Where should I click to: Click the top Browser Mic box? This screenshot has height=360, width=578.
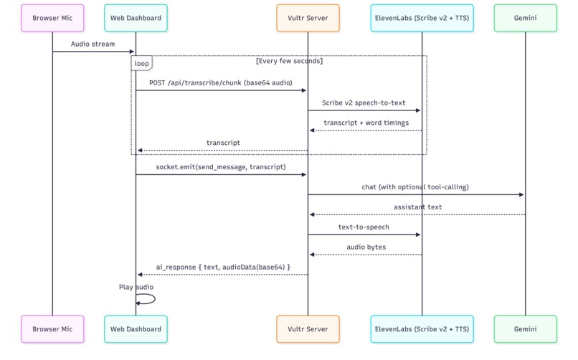pyautogui.click(x=52, y=18)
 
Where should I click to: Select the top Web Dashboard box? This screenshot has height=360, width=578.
pyautogui.click(x=136, y=18)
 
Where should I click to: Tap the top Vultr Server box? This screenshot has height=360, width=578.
pyautogui.click(x=308, y=18)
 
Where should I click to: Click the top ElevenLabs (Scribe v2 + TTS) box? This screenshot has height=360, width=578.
pyautogui.click(x=422, y=18)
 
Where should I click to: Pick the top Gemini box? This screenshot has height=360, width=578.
pyautogui.click(x=525, y=18)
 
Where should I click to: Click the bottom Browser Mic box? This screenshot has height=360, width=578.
pyautogui.click(x=52, y=329)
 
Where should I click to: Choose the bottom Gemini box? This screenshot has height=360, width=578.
pyautogui.click(x=525, y=329)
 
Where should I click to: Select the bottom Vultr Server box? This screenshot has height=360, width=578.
pyautogui.click(x=308, y=329)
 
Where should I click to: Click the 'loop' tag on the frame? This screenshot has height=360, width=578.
pyautogui.click(x=142, y=64)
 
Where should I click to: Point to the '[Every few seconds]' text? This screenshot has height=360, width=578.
pyautogui.click(x=289, y=61)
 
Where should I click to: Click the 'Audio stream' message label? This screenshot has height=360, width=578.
pyautogui.click(x=93, y=44)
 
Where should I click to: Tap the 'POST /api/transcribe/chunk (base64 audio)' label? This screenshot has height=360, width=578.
pyautogui.click(x=221, y=83)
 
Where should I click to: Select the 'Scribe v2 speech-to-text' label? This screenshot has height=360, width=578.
pyautogui.click(x=364, y=103)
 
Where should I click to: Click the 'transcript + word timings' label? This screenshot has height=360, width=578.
pyautogui.click(x=366, y=123)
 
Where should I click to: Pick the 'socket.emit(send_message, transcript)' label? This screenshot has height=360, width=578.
pyautogui.click(x=221, y=167)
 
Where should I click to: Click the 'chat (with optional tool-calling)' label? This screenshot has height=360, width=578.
pyautogui.click(x=415, y=187)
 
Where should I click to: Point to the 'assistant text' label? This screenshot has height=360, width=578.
pyautogui.click(x=417, y=207)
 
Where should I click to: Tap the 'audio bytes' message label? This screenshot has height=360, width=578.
pyautogui.click(x=366, y=247)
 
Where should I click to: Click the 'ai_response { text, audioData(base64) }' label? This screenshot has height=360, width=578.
pyautogui.click(x=223, y=267)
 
